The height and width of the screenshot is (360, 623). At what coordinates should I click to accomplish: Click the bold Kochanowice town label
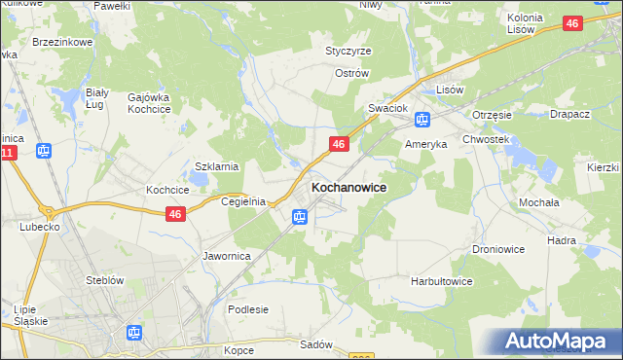(348, 187)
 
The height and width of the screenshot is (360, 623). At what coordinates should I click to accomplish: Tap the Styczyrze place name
(348, 51)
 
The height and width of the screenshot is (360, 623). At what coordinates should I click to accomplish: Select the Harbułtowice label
(441, 281)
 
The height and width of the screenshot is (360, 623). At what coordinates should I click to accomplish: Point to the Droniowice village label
(499, 249)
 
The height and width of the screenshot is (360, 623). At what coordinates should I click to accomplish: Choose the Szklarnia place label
(217, 166)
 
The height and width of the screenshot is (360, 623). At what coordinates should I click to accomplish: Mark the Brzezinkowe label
(62, 43)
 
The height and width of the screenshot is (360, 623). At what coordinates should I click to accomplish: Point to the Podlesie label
(247, 309)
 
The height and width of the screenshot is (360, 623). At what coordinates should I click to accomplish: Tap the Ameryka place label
(425, 143)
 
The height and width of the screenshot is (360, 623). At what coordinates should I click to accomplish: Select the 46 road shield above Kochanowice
(339, 144)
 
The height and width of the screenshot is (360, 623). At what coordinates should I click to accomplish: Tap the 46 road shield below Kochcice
(175, 214)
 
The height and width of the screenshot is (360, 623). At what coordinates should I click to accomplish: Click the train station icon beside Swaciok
(422, 120)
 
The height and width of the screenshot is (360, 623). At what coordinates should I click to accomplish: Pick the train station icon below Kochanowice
(299, 217)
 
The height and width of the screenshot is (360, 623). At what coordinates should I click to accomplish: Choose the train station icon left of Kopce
(133, 333)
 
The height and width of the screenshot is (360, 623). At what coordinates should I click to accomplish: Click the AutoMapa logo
(558, 341)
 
